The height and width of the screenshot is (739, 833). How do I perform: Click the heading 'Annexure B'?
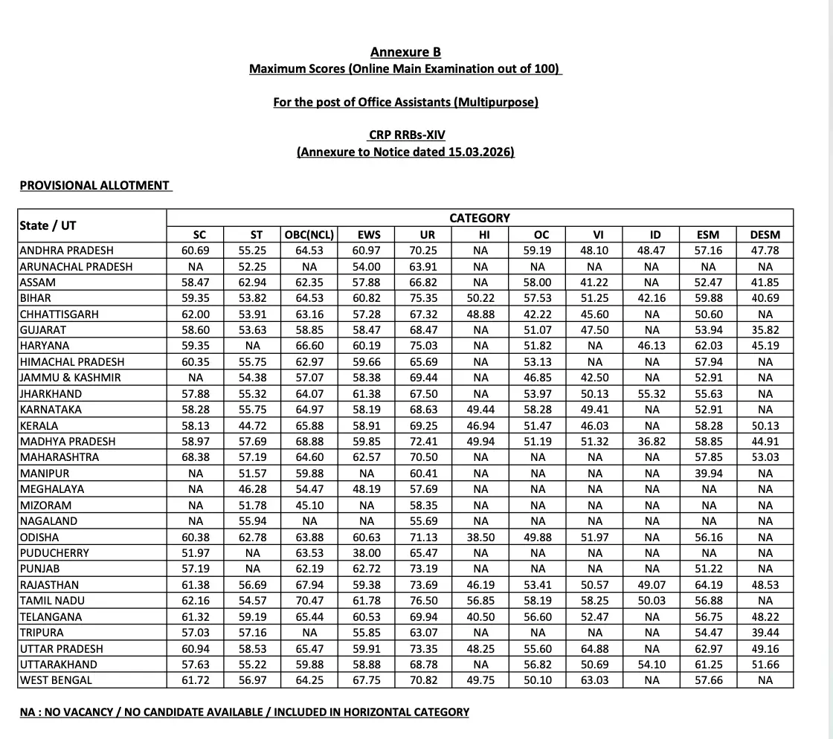coord(405,52)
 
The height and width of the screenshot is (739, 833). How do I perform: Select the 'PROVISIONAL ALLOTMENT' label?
coord(94,185)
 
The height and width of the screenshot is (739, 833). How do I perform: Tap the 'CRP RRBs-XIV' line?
coord(406,135)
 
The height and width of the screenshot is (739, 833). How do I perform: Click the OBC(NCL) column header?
coord(309,235)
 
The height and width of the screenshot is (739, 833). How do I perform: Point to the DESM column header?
coord(765,235)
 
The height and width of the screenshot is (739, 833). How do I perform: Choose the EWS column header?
coord(364,235)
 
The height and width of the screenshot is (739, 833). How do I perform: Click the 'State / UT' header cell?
coord(48,225)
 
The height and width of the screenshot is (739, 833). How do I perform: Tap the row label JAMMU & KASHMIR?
coord(70,378)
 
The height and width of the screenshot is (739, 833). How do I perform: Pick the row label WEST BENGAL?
coord(57,680)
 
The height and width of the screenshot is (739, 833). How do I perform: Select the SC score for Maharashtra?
coord(196,457)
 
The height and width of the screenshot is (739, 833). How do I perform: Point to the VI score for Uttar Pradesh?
coord(594,648)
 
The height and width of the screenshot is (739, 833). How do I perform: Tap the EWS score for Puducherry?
coord(364,553)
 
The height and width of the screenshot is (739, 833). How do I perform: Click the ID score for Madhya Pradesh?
coord(652,442)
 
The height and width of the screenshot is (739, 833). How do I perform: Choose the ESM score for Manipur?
coord(708,474)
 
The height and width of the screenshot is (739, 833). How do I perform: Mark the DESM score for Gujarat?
coord(765,330)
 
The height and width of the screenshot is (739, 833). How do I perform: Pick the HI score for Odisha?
coord(480,538)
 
